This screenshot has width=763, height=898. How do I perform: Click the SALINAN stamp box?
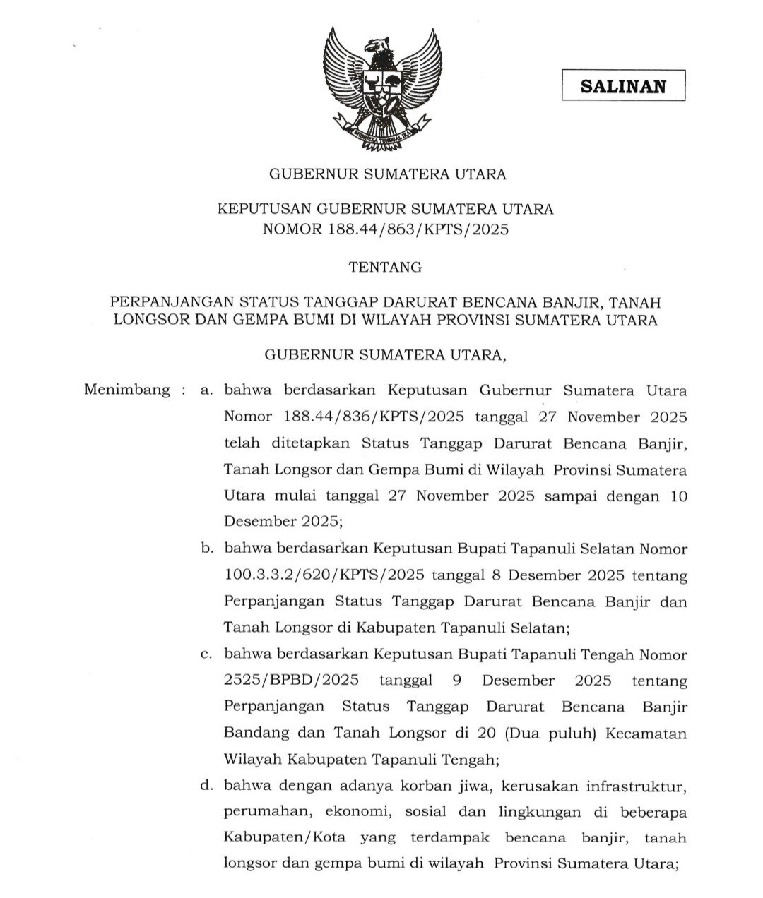coord(623,86)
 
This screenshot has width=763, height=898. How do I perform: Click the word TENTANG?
coord(386,268)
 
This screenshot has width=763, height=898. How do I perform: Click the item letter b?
coord(206,548)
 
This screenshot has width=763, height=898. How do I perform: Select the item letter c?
coord(206,654)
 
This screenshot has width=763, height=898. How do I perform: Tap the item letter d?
coord(206,786)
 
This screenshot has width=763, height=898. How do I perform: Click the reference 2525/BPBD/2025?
coord(291,681)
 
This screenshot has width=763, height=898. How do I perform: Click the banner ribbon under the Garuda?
coord(382,134)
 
